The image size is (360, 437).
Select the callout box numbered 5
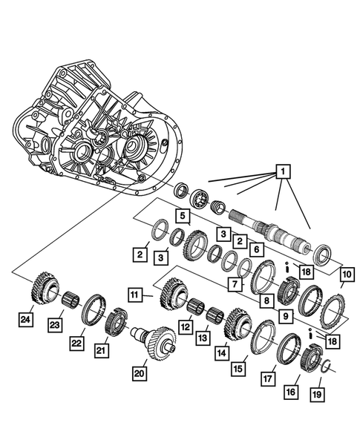[181, 215]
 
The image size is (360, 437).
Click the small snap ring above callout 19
[324, 365]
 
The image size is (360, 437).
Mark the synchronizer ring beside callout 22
[94, 307]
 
